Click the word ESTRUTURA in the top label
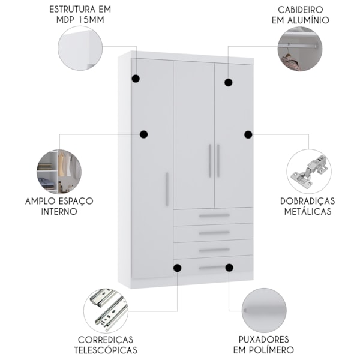pos(72,10)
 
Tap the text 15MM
pos(91,20)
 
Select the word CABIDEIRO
pos(301,10)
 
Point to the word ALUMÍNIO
pos(308,20)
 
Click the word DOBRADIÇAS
pos(308,201)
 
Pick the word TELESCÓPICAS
pos(106,350)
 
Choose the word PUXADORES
pos(263,340)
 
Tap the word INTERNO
pos(59,211)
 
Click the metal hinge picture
pos(309,172)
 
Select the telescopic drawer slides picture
pos(106,311)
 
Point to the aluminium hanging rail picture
pos(300,49)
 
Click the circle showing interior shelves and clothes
pos(59,172)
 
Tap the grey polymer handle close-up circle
pos(264,310)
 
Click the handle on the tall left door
pos(167,190)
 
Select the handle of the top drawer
pos(214,215)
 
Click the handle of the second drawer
pos(214,233)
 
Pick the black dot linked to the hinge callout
pos(248,134)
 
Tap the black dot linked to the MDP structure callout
pos(136,79)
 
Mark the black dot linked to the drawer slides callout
pos(177,268)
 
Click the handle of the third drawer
pos(214,250)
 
